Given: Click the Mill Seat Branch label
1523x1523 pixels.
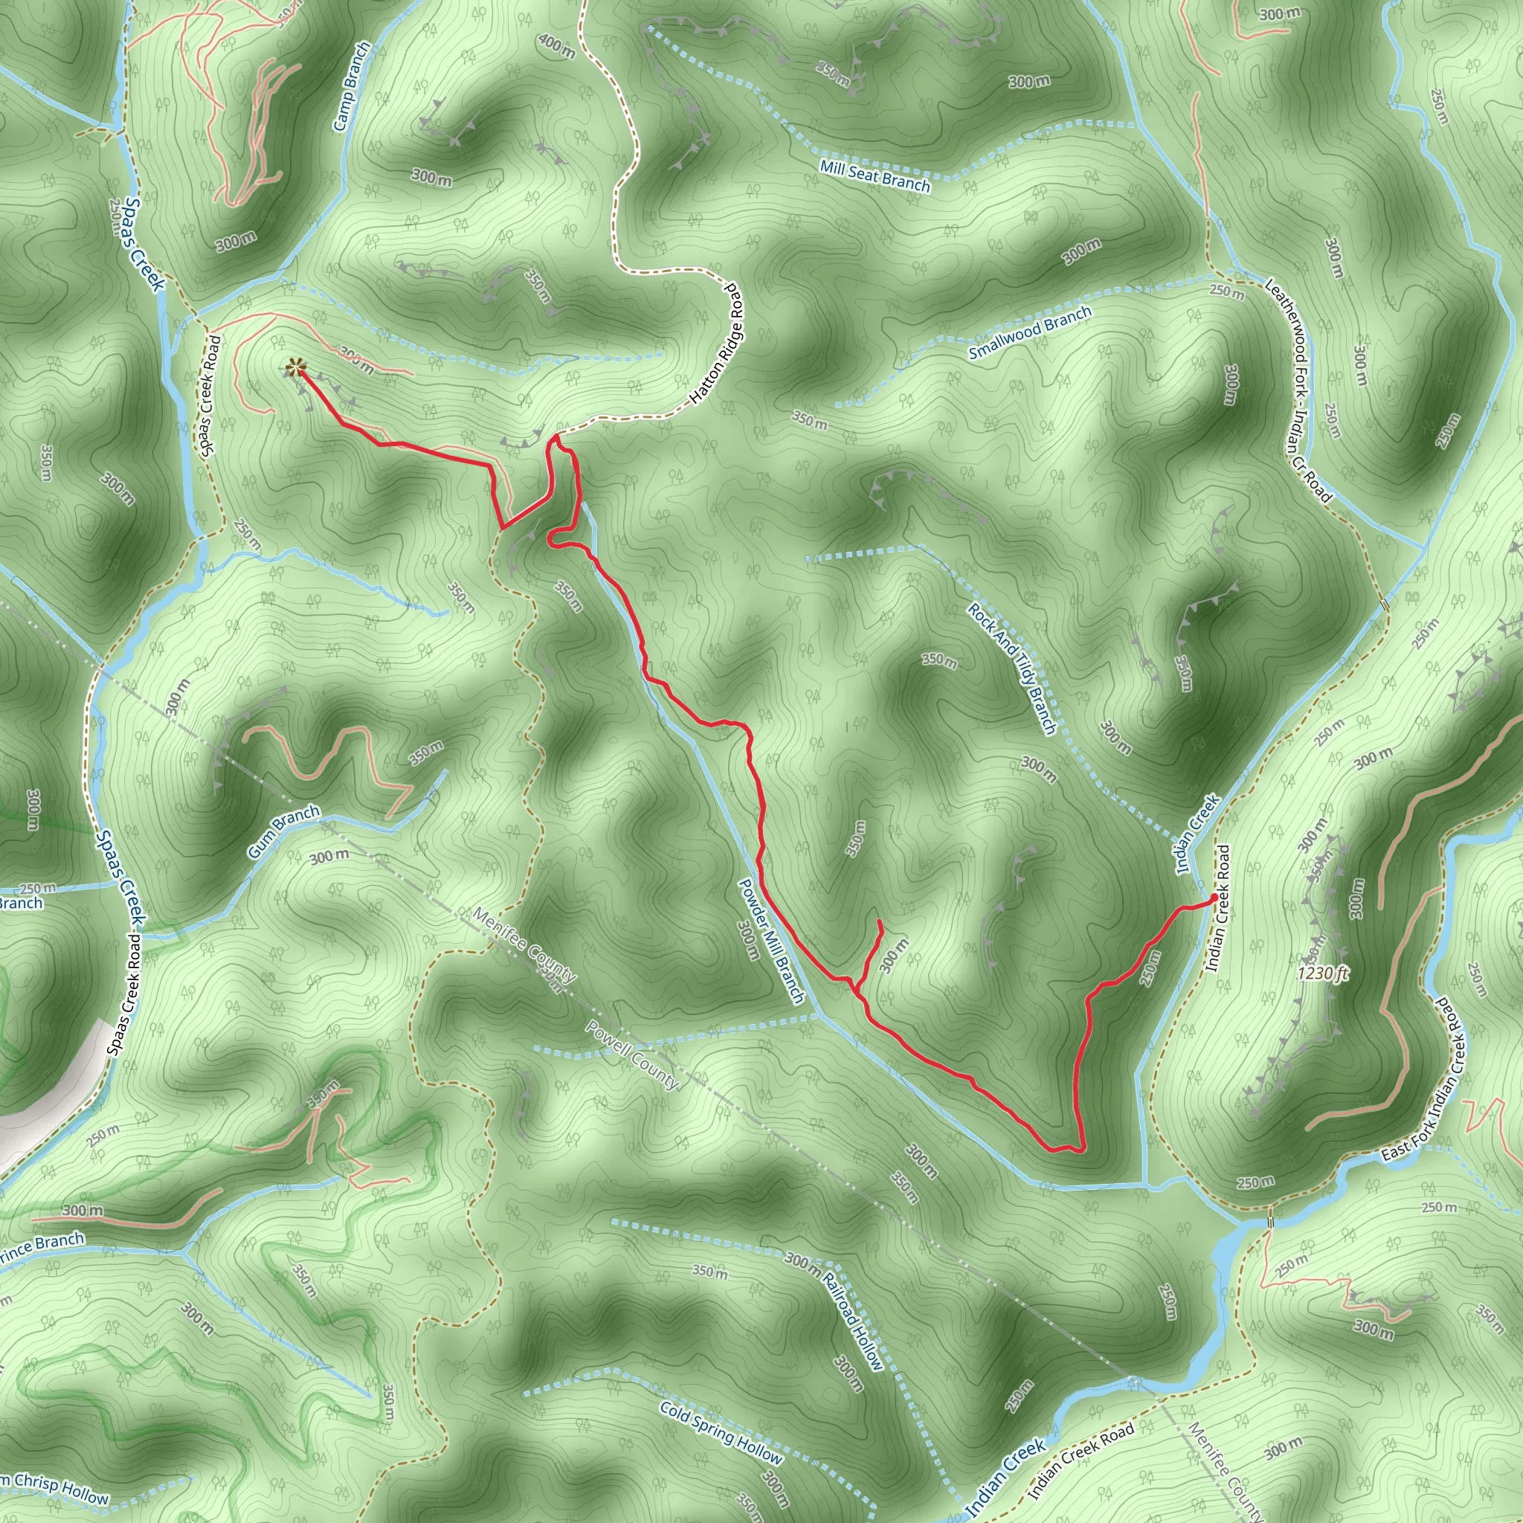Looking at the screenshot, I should coord(875,176).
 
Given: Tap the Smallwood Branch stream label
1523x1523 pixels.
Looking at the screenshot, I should coord(1029,332).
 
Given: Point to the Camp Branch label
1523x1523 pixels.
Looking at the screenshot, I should coord(352,87).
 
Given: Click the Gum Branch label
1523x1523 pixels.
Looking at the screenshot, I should coord(284,831).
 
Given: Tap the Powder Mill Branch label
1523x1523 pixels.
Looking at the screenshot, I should coord(770,941).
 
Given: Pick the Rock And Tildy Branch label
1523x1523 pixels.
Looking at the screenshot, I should coord(1012,669).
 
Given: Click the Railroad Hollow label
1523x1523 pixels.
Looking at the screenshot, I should coord(854,1321).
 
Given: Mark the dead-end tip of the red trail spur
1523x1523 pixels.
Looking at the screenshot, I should coord(879,921).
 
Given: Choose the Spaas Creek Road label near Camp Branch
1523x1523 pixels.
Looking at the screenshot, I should coord(210,396).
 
